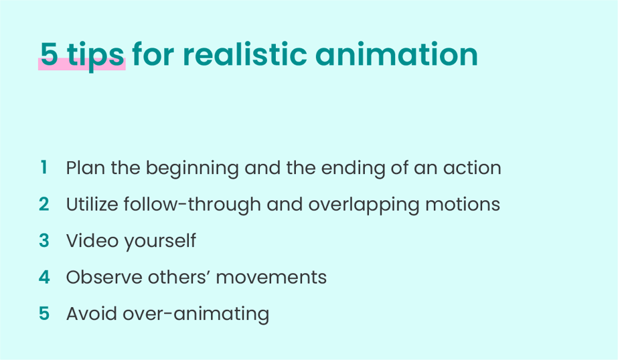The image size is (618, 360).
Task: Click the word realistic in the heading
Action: pos(245,54)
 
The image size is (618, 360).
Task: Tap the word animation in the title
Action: pos(396,54)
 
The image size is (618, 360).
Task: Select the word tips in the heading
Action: pos(96,56)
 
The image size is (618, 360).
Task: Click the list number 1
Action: pos(44,167)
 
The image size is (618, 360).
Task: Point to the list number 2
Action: pos(44,203)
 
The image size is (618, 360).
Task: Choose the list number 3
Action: pos(44,240)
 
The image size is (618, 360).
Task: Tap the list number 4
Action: pos(44,277)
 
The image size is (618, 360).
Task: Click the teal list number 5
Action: pos(44,314)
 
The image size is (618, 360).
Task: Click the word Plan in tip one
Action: pos(86,167)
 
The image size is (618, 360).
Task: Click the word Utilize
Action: pos(92,204)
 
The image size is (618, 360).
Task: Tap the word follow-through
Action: pos(192,205)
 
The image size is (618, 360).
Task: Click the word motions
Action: pos(462,205)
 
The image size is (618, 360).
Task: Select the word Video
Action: pos(92,241)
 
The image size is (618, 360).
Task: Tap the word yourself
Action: pos(160,242)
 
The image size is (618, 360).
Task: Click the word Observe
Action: pos(104,277)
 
